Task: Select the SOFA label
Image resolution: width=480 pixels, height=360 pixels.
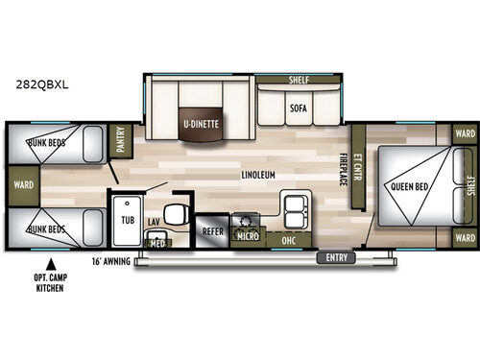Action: tap(299, 108)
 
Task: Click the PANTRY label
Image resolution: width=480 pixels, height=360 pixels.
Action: tap(122, 142)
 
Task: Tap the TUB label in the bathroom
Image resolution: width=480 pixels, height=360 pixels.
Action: tap(126, 219)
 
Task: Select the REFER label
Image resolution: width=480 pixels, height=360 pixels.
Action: tap(212, 231)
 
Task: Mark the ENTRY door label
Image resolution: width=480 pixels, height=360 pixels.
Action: tap(337, 256)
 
